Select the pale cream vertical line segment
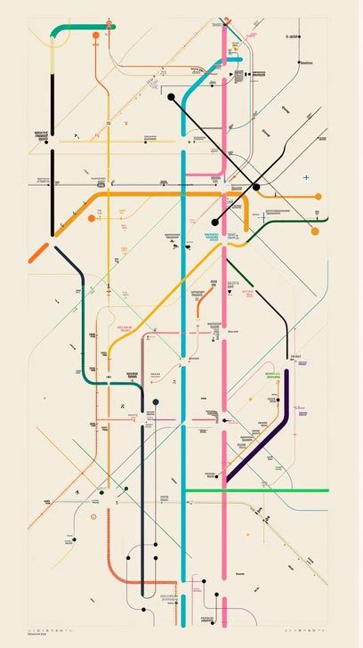click(52, 53)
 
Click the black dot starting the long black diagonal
click(170, 97)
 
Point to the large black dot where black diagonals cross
click(256, 187)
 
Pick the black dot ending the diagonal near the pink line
click(214, 222)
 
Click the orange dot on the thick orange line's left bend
click(93, 216)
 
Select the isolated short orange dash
click(38, 251)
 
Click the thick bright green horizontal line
click(258, 490)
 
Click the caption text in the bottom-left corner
click(13, 634)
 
